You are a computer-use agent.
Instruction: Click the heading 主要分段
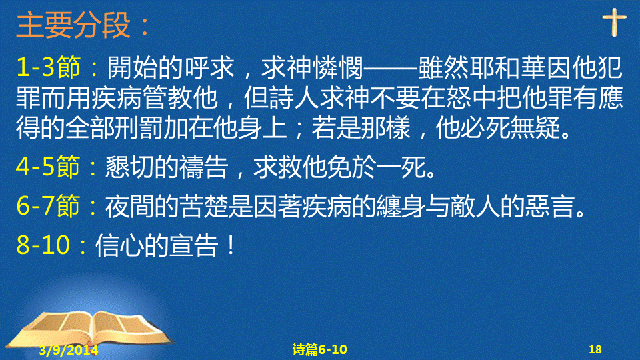pyautogui.click(x=73, y=25)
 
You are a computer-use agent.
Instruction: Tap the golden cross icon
pyautogui.click(x=614, y=22)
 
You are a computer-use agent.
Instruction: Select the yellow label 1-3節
pyautogui.click(x=48, y=67)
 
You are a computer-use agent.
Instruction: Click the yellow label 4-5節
pyautogui.click(x=48, y=167)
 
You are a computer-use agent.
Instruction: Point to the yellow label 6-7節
pyautogui.click(x=48, y=206)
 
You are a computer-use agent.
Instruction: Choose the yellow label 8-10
pyautogui.click(x=43, y=245)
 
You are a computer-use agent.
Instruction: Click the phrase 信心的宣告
pyautogui.click(x=156, y=245)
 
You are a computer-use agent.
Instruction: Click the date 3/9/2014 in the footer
pyautogui.click(x=69, y=350)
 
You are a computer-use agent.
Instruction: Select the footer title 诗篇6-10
pyautogui.click(x=319, y=349)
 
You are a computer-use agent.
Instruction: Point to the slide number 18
pyautogui.click(x=595, y=349)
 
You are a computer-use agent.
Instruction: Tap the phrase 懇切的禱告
pyautogui.click(x=167, y=167)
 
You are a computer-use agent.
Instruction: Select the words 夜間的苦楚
pyautogui.click(x=167, y=206)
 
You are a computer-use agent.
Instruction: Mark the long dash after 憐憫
pyautogui.click(x=391, y=68)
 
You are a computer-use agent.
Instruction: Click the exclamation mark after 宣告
pyautogui.click(x=231, y=245)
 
